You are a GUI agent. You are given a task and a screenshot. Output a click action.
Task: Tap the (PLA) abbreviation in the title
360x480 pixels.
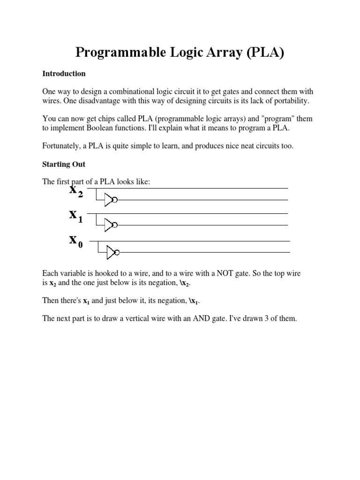261,52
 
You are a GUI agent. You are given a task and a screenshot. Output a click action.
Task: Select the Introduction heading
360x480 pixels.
64,74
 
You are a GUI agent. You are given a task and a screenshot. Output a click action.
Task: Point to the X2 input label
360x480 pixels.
76,191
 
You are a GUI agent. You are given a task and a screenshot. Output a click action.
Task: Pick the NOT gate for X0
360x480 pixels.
113,253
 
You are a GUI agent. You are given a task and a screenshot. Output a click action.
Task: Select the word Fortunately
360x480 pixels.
62,146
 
